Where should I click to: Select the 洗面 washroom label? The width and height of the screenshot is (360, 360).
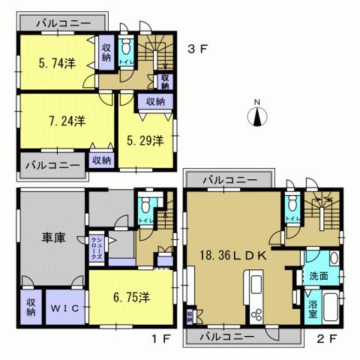318,276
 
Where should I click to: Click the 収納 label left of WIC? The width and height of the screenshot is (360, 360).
31,307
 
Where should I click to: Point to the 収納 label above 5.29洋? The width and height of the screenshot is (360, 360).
155,101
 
